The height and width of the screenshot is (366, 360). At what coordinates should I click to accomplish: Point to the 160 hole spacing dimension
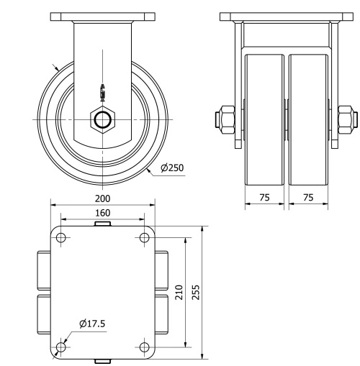pyautogui.click(x=102, y=213)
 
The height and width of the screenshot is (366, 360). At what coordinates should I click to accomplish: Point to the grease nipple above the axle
pyautogui.click(x=103, y=91)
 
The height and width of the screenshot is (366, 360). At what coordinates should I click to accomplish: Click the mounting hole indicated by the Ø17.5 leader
pyautogui.click(x=60, y=347)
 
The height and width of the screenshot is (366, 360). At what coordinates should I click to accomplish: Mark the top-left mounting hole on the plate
pyautogui.click(x=60, y=237)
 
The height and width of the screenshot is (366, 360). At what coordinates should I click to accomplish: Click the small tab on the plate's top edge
pyautogui.click(x=102, y=225)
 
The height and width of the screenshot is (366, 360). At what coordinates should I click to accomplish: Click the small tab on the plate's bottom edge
pyautogui.click(x=102, y=360)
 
